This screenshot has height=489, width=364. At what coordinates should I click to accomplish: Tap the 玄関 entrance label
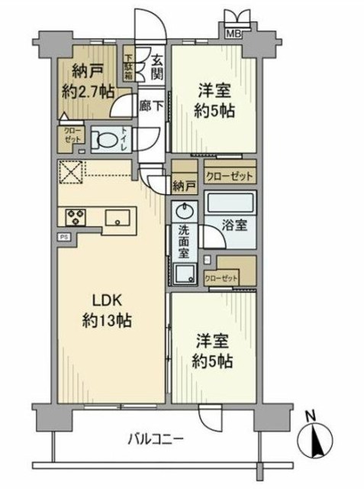(x=156, y=67)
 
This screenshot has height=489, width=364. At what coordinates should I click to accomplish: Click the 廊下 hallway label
(x=150, y=107)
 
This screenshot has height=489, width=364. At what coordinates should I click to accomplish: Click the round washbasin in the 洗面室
(x=184, y=211)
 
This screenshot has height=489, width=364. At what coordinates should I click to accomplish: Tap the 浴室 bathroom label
(x=233, y=226)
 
